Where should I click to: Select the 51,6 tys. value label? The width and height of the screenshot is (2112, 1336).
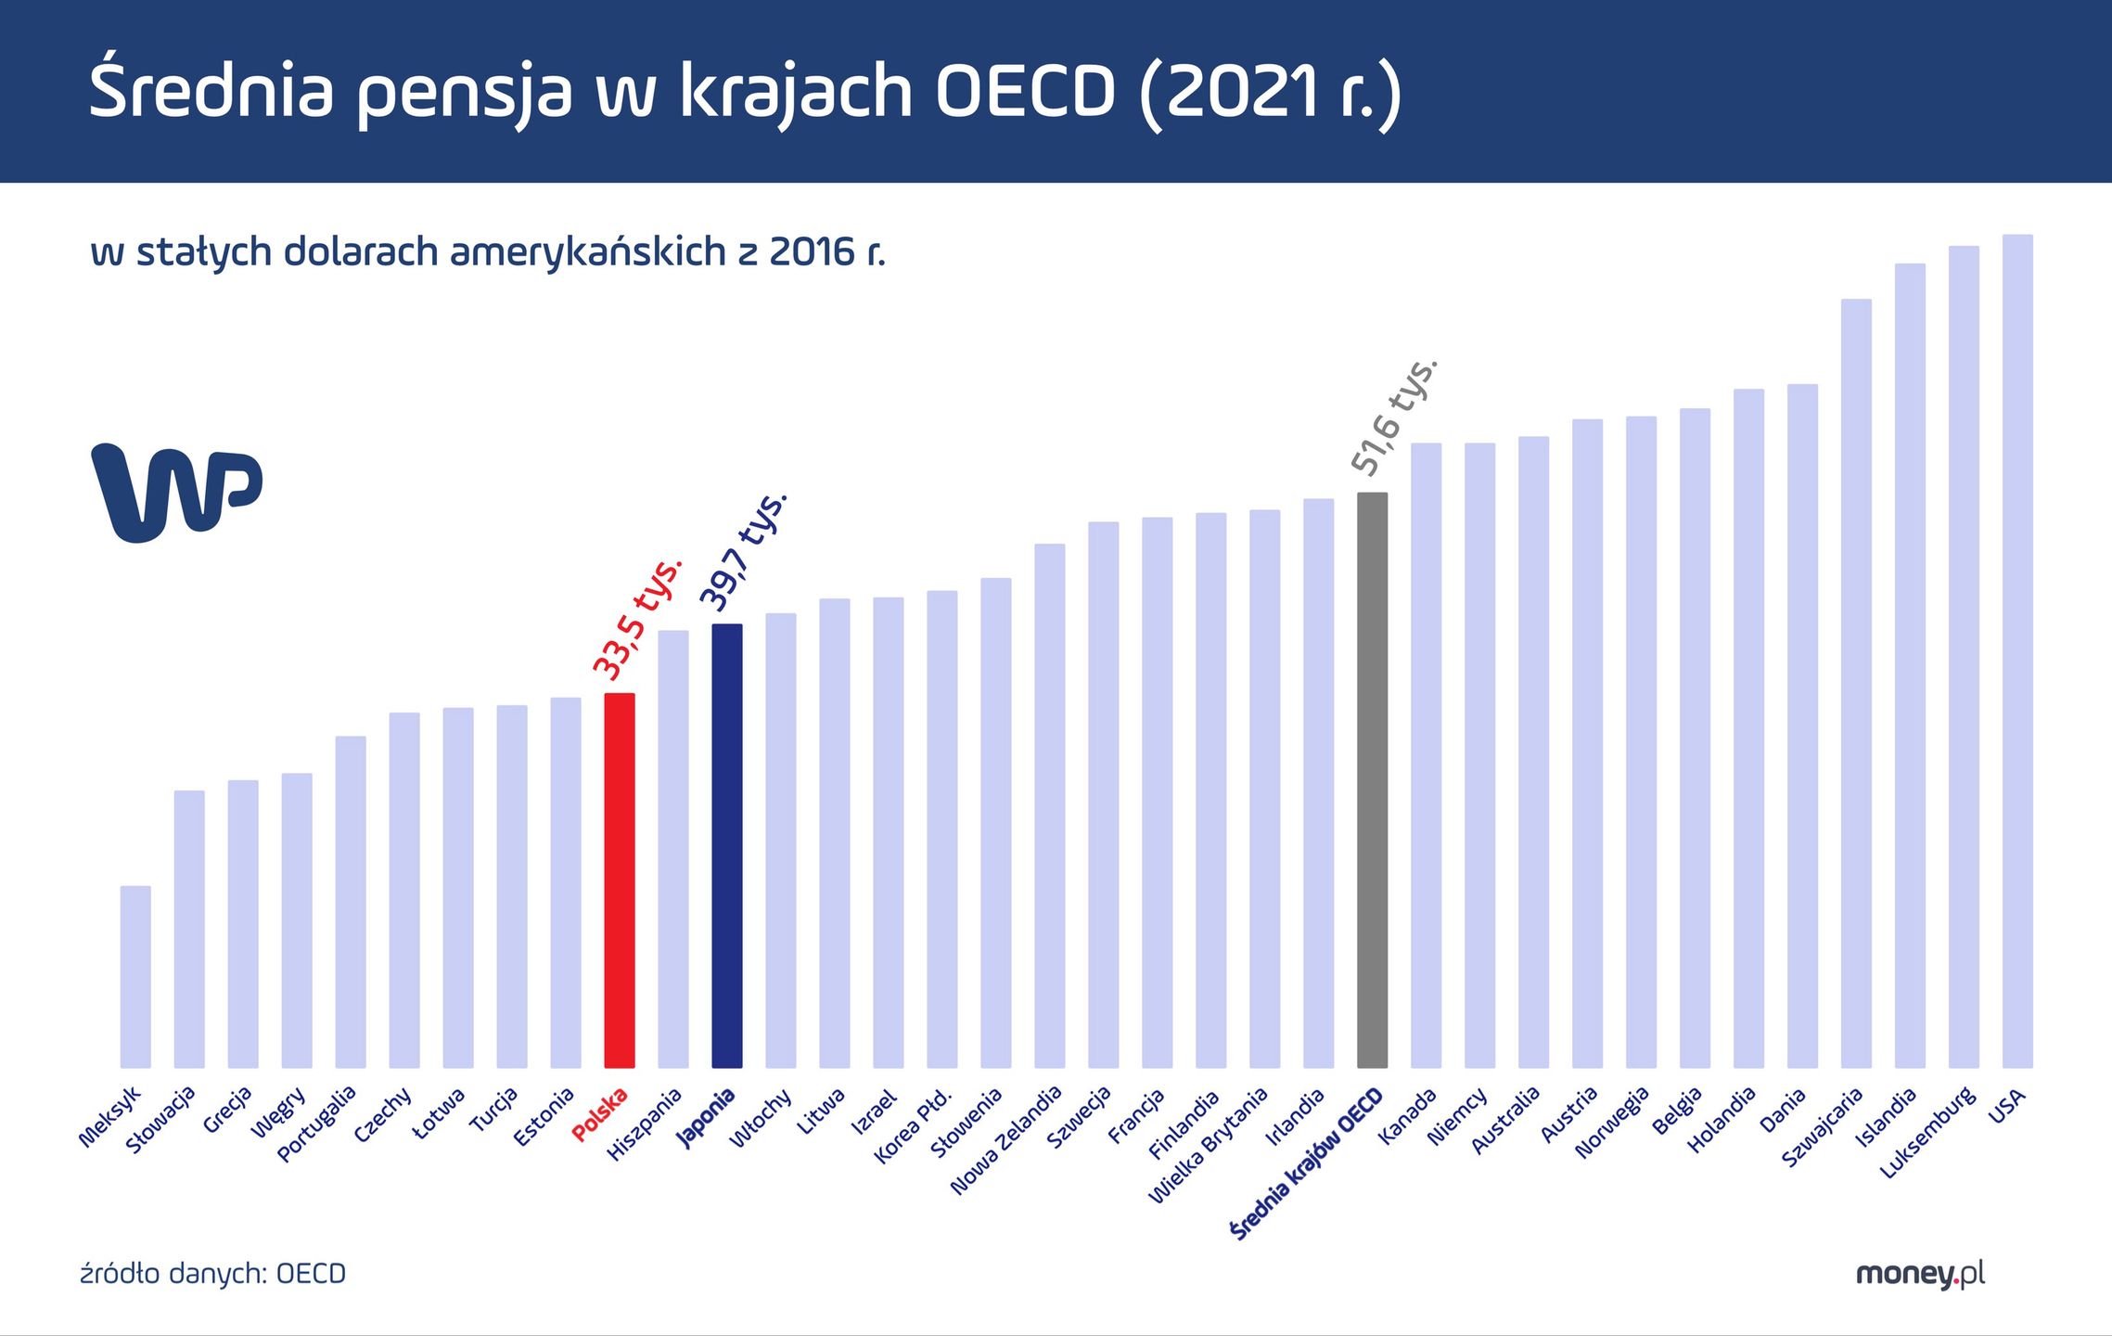coord(1394,417)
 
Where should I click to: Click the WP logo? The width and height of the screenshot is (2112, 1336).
coord(176,492)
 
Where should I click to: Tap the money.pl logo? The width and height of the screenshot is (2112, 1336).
coord(1920,1275)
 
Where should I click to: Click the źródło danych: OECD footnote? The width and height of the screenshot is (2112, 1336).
coord(213,1274)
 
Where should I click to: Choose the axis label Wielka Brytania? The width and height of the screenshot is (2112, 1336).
coord(1208,1146)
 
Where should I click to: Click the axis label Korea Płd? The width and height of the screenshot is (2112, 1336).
coord(914,1125)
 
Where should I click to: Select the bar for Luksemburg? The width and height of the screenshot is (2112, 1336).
coord(1964,657)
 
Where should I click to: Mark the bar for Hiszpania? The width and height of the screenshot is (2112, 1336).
coord(673,849)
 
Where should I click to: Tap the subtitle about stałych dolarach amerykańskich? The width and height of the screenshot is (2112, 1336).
coord(488,252)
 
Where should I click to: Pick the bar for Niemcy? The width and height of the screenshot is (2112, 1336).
coord(1479,755)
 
